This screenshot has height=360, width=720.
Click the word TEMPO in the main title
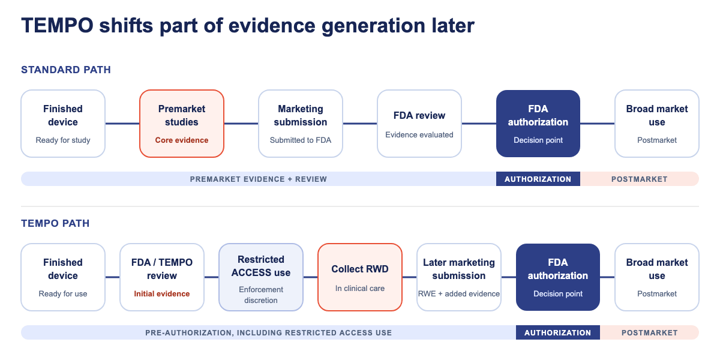pos(57,25)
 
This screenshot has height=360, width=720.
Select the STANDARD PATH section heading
pos(66,70)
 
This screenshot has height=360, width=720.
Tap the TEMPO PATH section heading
pos(55,223)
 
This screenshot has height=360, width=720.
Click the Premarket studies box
pos(182,124)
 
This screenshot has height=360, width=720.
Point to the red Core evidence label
pos(182,140)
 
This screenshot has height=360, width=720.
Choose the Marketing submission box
pos(301,124)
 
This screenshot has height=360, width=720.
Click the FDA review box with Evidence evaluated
pos(419,124)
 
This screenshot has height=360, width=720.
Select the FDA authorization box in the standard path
pos(538,124)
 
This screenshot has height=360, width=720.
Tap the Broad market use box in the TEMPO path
pos(656,277)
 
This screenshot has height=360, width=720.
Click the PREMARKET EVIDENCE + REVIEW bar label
pos(259,179)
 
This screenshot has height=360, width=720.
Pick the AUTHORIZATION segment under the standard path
pos(538,179)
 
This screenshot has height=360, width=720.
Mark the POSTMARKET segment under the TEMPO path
pos(649,332)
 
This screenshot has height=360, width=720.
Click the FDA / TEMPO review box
pos(161,277)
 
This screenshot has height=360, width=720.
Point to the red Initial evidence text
pos(161,294)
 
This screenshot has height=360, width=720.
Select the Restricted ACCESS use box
pos(260,277)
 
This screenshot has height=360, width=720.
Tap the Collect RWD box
pos(359,277)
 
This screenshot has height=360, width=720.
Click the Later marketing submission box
pos(458,277)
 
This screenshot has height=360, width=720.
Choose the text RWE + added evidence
pos(458,294)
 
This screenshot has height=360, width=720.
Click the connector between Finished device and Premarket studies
pos(122,124)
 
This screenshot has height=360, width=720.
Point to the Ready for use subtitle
pos(63,294)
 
